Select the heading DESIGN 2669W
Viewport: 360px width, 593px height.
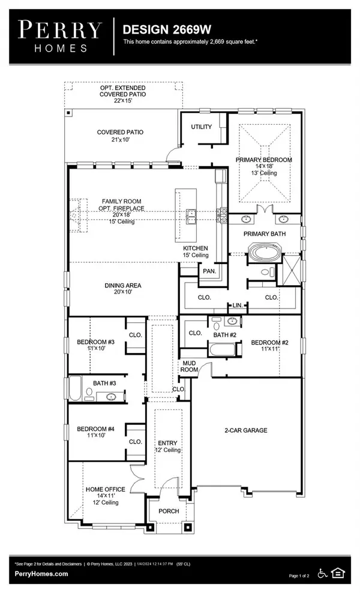coord(158,29)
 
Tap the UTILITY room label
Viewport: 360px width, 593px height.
coord(201,127)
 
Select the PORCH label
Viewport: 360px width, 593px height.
coord(169,511)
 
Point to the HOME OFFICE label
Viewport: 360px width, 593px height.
coord(105,489)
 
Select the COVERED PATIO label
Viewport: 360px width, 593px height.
coord(121,132)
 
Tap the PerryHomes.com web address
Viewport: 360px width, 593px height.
coord(41,574)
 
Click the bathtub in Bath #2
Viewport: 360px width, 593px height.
coord(225,350)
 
